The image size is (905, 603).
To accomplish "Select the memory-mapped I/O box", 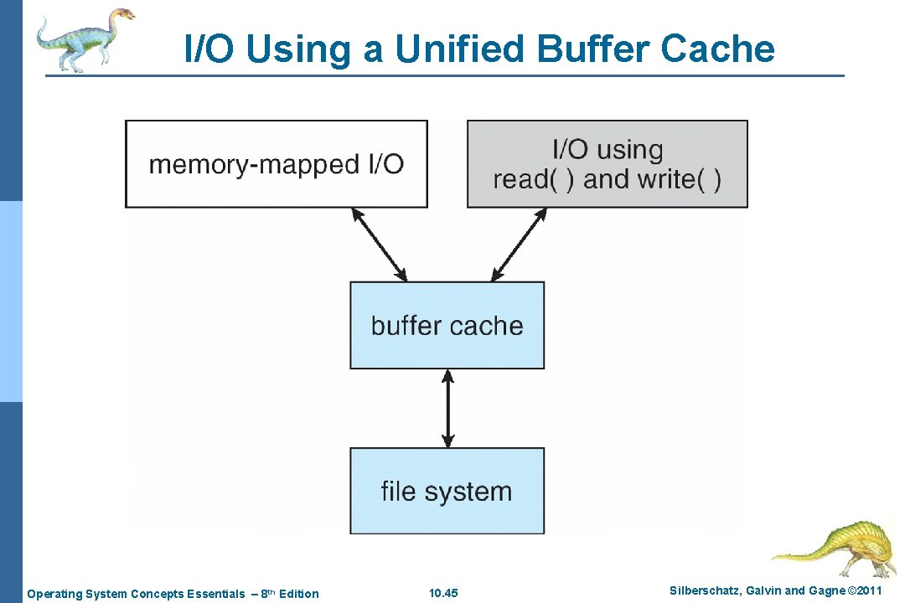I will coord(276,164).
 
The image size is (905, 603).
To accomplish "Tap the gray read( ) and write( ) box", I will coord(607,164).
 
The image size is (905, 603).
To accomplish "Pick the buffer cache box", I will coord(447,325).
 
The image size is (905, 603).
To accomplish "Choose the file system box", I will coord(447,491).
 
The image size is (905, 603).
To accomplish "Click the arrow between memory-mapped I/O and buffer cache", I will coord(379,245).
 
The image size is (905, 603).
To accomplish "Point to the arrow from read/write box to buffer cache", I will coord(519,245).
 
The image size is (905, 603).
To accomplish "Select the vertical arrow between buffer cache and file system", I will coord(447,409).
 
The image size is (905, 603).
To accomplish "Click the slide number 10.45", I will coord(443,594).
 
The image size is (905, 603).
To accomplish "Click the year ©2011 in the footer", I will coord(865,592).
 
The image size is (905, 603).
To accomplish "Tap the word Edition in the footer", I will coord(299,594).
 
